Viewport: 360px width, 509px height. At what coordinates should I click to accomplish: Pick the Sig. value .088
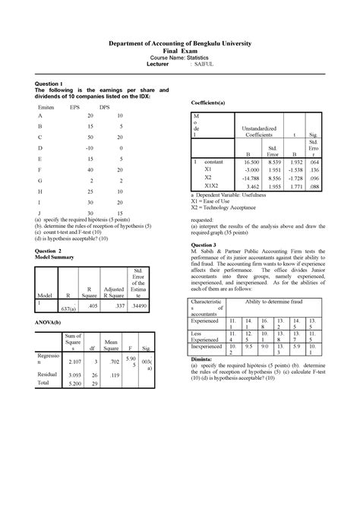[314, 185]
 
